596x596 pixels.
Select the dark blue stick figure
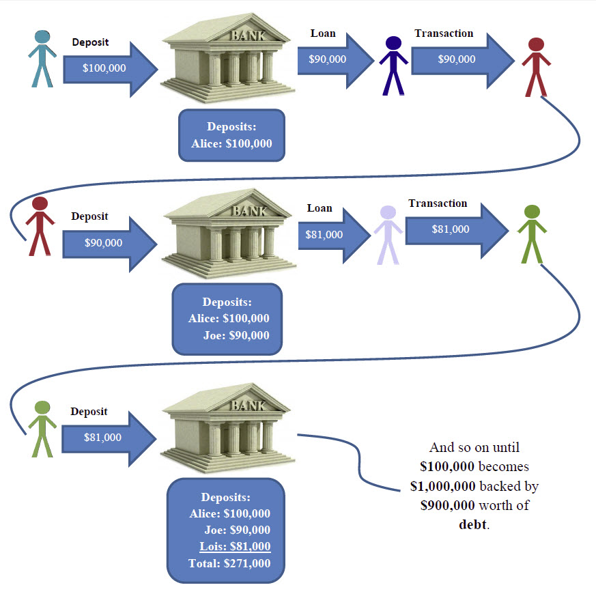tap(393, 66)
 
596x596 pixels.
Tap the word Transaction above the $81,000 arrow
tap(438, 203)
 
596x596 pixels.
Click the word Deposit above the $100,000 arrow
tap(90, 42)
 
